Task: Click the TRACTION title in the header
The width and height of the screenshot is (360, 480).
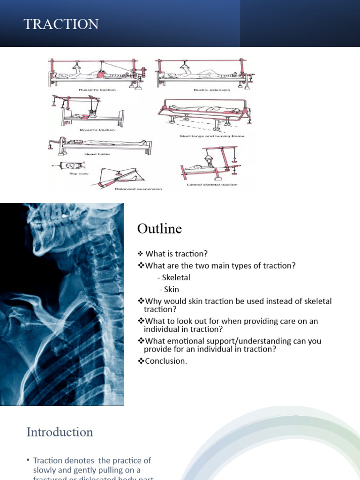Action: [61, 24]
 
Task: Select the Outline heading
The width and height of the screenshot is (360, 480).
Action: [159, 229]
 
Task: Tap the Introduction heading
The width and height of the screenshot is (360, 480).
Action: [60, 432]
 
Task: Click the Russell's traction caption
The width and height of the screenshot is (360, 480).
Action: [98, 90]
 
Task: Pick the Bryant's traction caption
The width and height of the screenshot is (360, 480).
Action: [97, 130]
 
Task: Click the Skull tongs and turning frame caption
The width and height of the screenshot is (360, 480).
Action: [211, 136]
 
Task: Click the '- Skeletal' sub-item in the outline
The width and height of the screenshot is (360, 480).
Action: [174, 277]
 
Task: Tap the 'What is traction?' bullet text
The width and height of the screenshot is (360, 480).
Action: [176, 254]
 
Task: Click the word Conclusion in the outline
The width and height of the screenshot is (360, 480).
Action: [166, 360]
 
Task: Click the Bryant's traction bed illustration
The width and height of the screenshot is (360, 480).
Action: [89, 112]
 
